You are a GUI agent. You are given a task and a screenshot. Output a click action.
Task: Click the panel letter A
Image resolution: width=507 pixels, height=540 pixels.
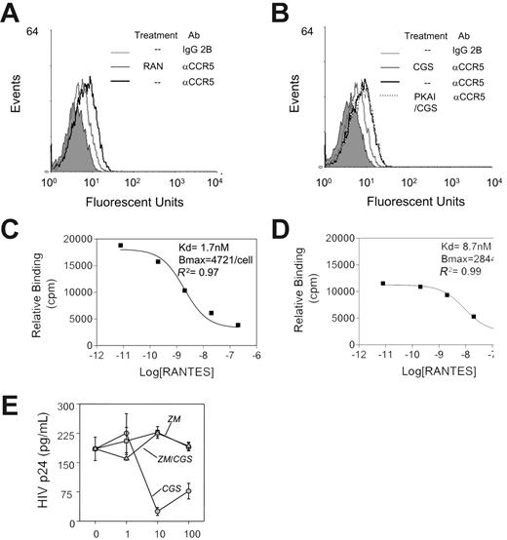[x=13, y=13]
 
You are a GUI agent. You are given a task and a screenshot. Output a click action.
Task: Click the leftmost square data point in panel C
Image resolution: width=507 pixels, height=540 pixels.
[x=121, y=246]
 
